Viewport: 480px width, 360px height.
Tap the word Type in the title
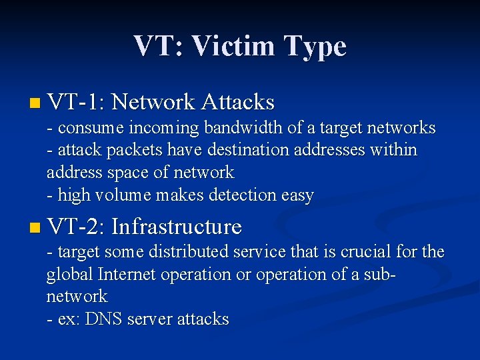(315, 47)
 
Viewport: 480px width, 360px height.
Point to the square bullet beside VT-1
(35, 103)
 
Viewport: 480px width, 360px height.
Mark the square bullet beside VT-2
(35, 228)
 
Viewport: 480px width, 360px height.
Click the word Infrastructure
(176, 227)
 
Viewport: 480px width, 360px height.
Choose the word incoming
(164, 128)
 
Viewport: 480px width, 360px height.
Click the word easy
(298, 196)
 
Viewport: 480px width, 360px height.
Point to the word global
(69, 274)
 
